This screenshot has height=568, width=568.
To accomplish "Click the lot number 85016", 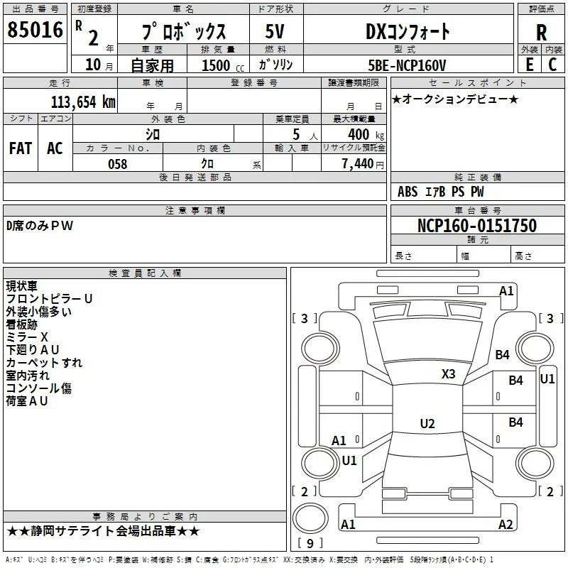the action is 35,30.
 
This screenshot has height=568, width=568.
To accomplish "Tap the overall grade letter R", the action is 541,33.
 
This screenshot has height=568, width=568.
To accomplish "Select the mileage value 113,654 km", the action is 83,102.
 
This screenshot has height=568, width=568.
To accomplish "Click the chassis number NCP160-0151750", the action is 477,226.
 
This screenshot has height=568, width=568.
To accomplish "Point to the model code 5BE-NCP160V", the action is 407,65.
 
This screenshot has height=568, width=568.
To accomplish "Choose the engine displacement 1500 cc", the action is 223,65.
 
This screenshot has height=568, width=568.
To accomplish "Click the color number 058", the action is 118,164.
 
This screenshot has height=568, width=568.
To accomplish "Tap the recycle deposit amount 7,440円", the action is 363,164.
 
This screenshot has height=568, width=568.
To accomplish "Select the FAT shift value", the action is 21,148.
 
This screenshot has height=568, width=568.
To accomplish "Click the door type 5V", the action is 275,31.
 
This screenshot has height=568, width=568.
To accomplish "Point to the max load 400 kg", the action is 366,135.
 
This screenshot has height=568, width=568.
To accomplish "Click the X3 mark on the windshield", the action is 448,374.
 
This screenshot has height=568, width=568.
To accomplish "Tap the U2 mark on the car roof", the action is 427,423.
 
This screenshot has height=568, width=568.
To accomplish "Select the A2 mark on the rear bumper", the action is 506,524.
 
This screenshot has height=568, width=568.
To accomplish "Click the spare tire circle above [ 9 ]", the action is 310,518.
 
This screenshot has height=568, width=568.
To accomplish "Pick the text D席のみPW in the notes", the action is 40,226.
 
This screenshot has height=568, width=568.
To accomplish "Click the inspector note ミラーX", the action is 27,337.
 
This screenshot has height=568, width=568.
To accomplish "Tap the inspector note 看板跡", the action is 22,324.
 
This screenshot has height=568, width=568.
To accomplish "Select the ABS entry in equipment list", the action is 408,192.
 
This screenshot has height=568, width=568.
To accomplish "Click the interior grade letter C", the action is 552,65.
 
